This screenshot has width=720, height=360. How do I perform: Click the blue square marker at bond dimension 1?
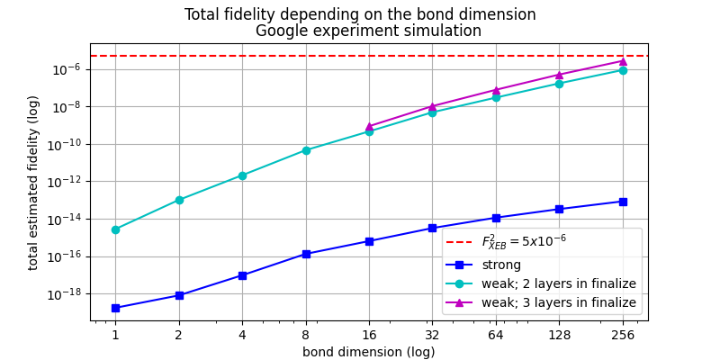click(115, 308)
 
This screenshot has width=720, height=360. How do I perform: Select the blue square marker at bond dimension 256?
click(623, 202)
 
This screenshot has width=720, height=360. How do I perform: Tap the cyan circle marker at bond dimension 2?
click(179, 200)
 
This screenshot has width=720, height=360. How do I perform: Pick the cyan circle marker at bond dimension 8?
click(306, 150)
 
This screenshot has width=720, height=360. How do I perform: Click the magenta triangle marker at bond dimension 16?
click(369, 127)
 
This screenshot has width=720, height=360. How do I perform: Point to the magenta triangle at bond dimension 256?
click(623, 61)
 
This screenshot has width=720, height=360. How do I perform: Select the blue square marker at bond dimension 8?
click(306, 254)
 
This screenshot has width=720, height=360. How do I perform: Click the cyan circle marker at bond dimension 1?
click(115, 229)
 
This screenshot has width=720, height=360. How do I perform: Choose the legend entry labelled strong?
click(500, 265)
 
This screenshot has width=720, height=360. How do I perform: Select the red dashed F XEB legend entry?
click(523, 241)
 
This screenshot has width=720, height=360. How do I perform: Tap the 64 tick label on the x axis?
click(496, 335)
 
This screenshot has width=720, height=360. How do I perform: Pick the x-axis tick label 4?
click(242, 335)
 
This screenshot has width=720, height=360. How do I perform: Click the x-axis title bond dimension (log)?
click(368, 352)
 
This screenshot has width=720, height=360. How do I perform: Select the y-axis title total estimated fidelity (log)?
click(33, 183)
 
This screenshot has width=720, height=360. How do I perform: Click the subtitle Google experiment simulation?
click(368, 31)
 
